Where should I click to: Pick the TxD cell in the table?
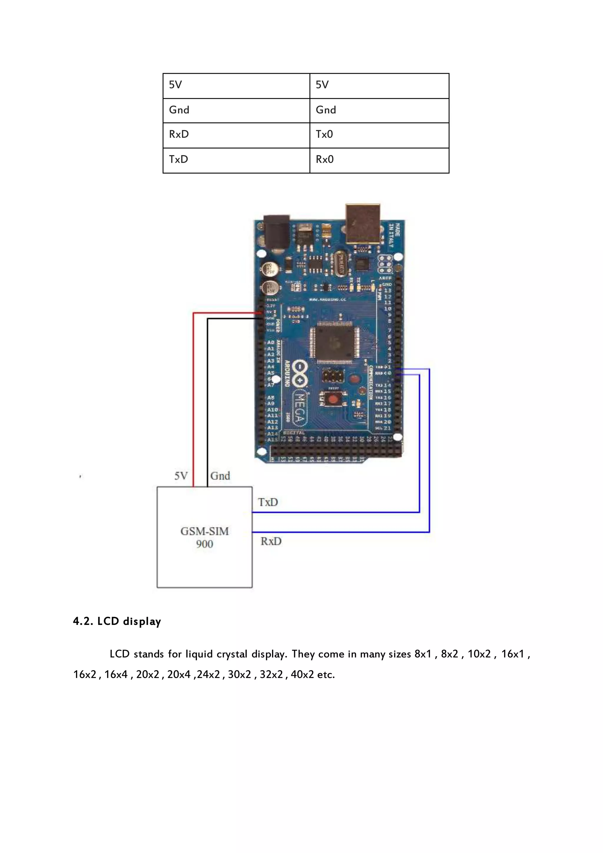coord(236,160)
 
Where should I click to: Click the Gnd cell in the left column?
coord(236,111)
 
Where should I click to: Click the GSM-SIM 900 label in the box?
coord(205,537)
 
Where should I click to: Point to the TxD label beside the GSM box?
coord(268,503)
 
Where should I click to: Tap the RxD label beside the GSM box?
coord(271,541)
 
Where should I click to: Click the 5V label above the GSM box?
coord(181,476)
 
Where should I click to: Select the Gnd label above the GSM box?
coord(220,476)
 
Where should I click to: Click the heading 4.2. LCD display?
coord(117,621)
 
